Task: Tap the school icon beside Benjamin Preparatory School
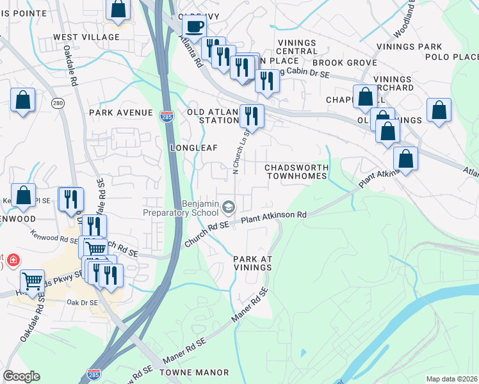tap(229, 207)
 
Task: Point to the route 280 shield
tap(59, 103)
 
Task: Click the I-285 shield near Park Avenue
tap(165, 113)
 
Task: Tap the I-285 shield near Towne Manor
tap(93, 372)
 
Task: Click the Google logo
tap(21, 376)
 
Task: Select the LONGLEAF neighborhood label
tap(190, 147)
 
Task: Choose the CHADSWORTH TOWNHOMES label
tap(297, 171)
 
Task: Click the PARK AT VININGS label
tap(253, 263)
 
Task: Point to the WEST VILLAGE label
tap(86, 37)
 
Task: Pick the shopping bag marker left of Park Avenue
tap(23, 100)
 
